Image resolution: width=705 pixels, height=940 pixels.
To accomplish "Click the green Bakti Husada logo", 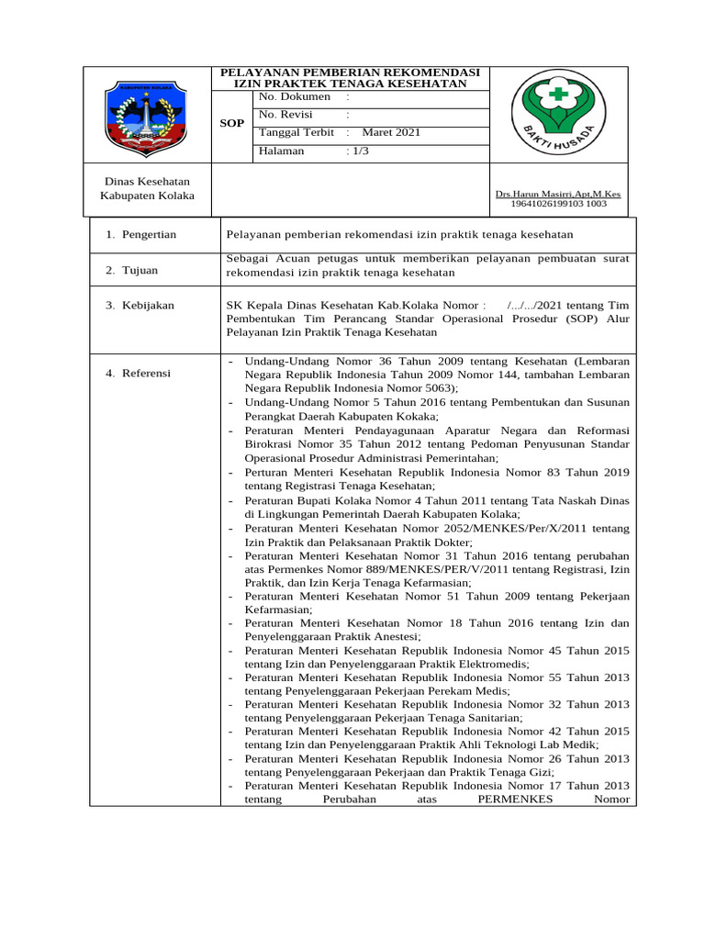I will point(557,114).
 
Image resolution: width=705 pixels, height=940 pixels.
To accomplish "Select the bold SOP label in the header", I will point(233,123).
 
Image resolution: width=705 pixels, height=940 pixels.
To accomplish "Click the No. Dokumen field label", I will point(294,96).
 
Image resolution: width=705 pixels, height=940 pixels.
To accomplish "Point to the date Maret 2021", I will point(391,132).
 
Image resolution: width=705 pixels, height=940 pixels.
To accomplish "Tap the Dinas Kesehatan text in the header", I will point(148,181).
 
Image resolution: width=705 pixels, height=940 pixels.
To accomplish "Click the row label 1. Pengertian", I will point(140,235).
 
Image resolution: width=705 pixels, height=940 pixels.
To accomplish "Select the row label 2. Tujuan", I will point(131,270).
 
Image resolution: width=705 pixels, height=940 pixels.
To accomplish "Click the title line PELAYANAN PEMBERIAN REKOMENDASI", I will point(346,72).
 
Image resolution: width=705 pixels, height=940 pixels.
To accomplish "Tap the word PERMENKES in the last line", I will point(515,799).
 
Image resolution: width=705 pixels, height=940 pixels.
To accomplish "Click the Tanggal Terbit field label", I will point(297,132).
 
